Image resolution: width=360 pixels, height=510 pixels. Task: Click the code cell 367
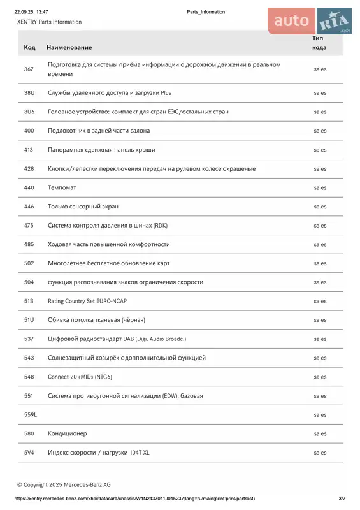point(29,69)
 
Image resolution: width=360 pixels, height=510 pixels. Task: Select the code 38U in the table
point(29,92)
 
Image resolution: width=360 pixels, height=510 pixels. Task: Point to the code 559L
point(31,414)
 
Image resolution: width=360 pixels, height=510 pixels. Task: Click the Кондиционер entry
point(67,433)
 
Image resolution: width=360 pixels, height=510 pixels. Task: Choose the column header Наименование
point(69,48)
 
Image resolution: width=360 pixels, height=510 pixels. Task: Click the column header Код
point(29,48)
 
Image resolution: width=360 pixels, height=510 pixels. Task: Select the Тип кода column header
point(319,43)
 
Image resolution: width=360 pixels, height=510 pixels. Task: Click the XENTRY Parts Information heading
point(49,22)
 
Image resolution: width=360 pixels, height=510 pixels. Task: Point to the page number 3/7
point(342,498)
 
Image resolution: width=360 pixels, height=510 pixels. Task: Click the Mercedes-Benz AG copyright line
point(64,484)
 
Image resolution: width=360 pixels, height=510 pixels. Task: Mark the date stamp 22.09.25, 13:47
point(31,12)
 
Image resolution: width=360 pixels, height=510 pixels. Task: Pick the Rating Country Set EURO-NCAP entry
point(92,301)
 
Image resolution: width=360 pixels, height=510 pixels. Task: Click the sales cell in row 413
point(320,150)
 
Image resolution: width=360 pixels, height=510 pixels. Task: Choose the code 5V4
point(29,453)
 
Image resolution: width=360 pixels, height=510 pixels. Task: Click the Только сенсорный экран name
point(83,207)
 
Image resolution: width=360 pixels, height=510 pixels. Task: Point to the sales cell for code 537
point(320,339)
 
